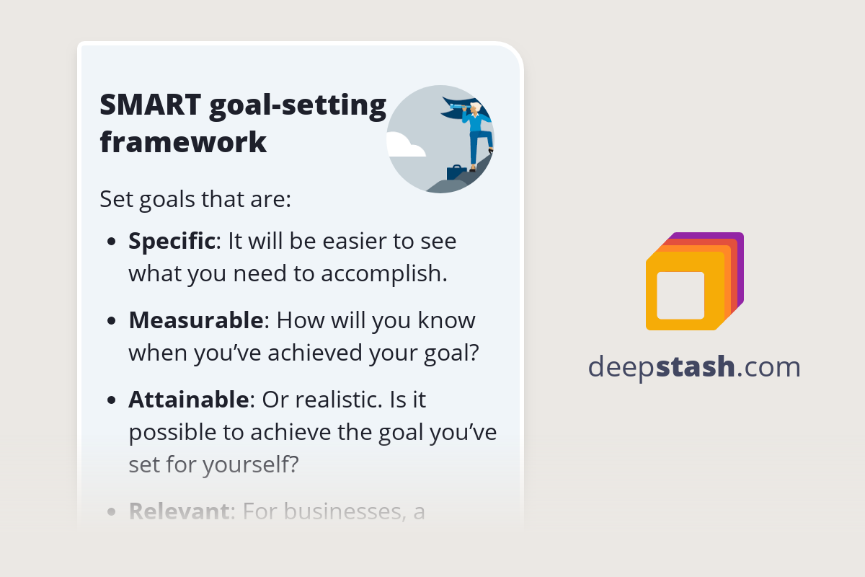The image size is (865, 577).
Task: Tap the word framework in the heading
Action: (x=183, y=142)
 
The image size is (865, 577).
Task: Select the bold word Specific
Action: (x=172, y=241)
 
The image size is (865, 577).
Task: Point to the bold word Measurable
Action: (x=196, y=320)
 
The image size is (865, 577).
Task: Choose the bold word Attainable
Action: (x=189, y=399)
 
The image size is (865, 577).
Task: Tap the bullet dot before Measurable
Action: (x=111, y=321)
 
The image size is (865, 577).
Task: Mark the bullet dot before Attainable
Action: (x=111, y=400)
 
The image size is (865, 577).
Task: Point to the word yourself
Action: (x=249, y=464)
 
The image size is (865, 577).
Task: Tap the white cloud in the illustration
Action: (x=406, y=146)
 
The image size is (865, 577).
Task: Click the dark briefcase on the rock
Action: (x=456, y=173)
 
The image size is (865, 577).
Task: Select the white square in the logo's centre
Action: (x=680, y=295)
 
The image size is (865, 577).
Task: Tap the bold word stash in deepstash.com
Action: (x=697, y=367)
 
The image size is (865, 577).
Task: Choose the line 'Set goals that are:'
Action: (x=195, y=198)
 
